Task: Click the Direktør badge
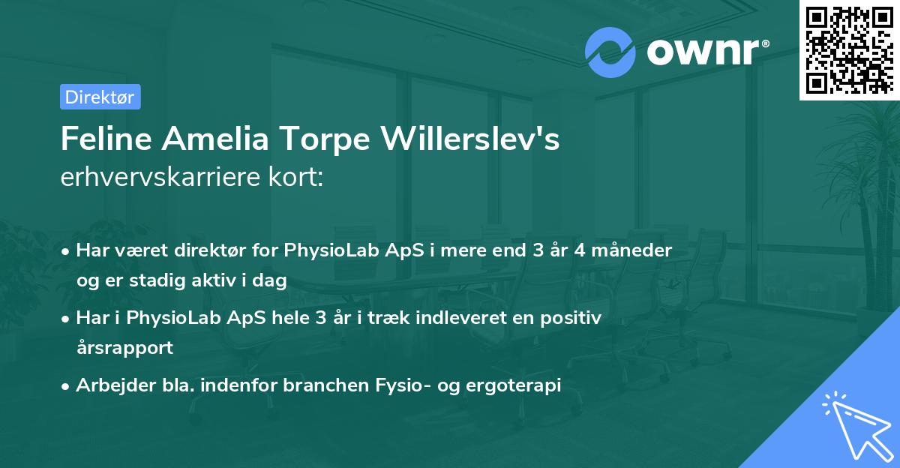[100, 97]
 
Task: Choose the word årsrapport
[124, 347]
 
